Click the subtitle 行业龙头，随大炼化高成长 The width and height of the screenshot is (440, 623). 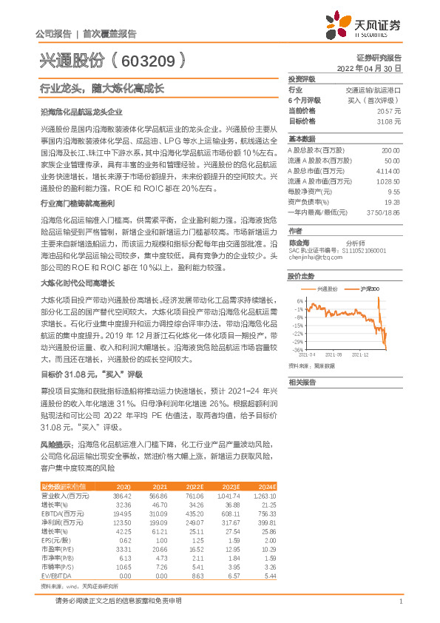point(101,87)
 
